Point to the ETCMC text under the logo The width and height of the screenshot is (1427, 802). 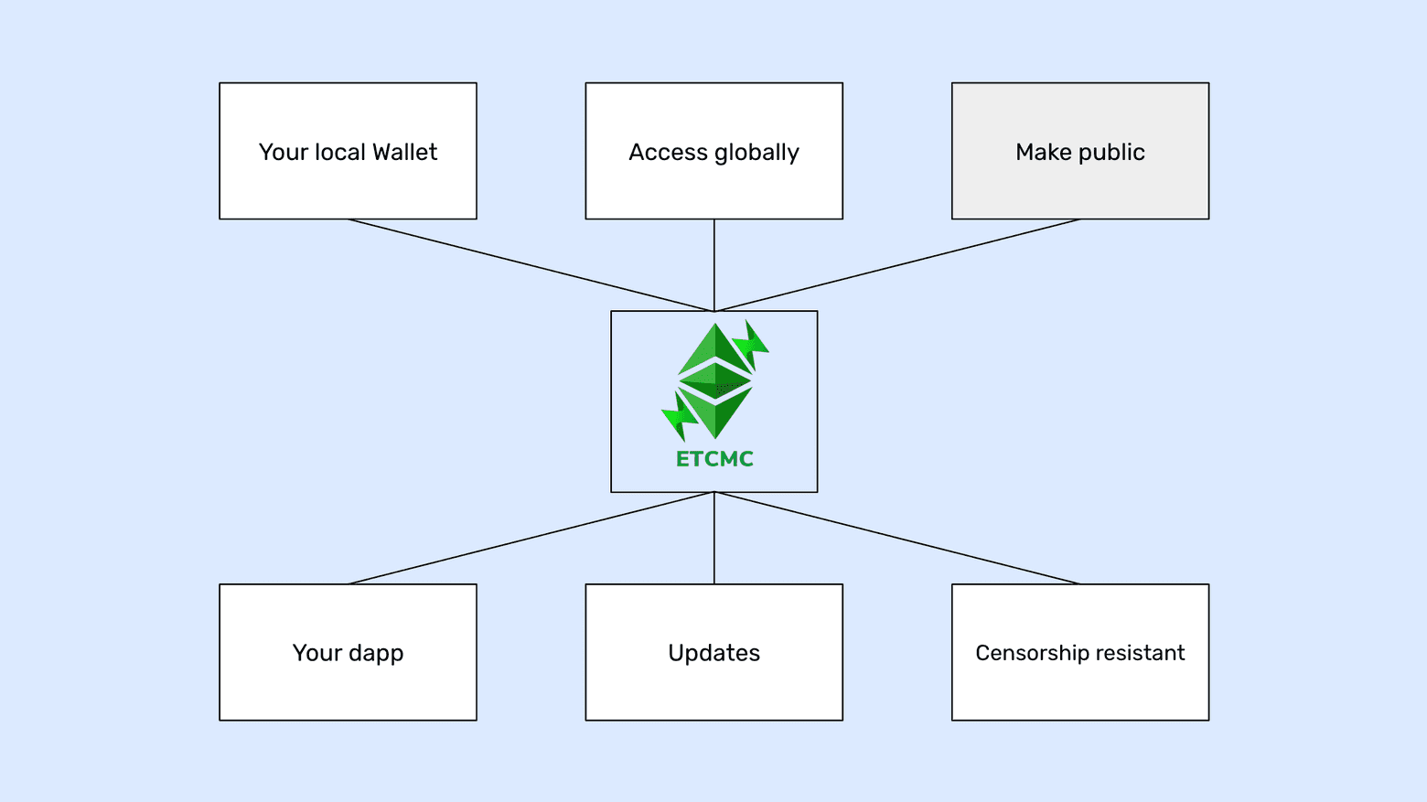point(714,459)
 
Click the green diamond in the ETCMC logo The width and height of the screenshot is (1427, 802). point(714,380)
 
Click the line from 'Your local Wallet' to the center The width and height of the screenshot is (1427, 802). point(531,265)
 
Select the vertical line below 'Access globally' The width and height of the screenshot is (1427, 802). point(714,265)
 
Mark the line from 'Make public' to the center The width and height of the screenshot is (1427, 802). point(896,265)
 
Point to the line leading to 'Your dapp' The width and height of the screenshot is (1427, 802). point(531,539)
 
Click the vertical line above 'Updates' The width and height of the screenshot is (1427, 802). point(714,539)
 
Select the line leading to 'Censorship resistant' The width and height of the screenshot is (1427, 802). point(896,539)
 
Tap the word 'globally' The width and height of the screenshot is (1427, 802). point(756,153)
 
